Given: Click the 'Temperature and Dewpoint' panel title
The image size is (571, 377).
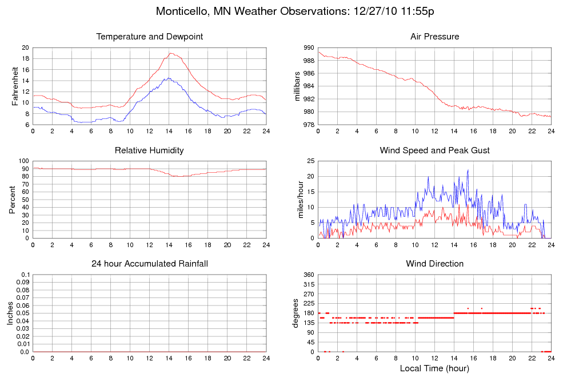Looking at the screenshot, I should tap(150, 37).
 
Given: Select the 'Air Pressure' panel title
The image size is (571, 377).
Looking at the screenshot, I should tap(435, 37).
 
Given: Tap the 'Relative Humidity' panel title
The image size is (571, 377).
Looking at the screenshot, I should tap(150, 150).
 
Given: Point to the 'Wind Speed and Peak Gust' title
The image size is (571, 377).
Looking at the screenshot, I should tap(435, 150).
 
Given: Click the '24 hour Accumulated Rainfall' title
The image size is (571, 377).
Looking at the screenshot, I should tap(150, 264).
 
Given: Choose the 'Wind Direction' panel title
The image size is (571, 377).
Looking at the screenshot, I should tap(435, 264).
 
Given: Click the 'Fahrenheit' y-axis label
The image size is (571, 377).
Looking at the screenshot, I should tap(15, 86).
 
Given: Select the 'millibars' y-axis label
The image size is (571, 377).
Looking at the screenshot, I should tap(298, 86).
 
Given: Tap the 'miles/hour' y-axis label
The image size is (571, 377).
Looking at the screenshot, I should tap(298, 200).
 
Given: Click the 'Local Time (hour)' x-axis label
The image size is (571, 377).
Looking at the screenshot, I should tap(435, 368).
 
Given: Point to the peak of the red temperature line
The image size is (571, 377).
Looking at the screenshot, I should tap(171, 53).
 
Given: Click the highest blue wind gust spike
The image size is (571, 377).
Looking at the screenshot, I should tap(468, 170).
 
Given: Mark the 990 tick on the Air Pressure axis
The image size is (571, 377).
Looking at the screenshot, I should tap(308, 48).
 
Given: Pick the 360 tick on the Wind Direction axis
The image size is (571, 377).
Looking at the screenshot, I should tap(308, 275).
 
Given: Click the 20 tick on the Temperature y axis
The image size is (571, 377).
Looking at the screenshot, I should tap(25, 48).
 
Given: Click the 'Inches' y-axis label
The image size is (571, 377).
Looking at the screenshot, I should tap(10, 313).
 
